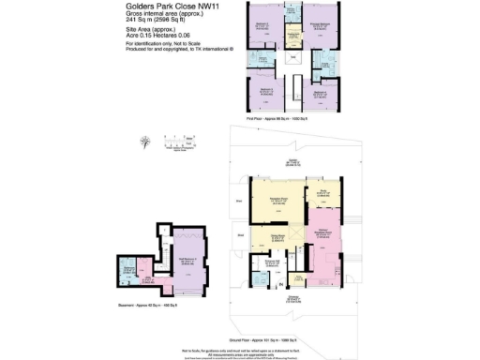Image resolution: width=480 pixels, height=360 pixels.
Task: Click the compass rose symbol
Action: coord(144,143)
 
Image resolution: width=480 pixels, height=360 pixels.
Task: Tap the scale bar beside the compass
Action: coord(177,141)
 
